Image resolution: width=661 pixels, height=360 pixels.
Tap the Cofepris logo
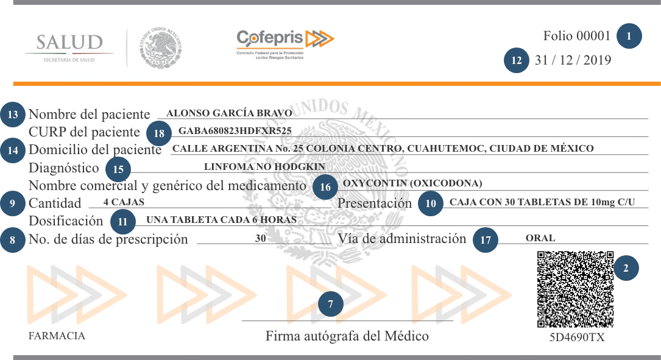click(x=285, y=44)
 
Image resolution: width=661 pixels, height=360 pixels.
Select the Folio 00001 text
click(x=576, y=36)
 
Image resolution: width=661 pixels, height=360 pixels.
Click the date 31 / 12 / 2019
click(x=573, y=60)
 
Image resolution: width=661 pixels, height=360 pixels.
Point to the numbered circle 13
click(x=13, y=114)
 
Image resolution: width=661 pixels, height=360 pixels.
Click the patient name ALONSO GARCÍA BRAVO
click(x=229, y=113)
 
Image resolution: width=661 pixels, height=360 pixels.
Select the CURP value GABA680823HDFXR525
click(x=235, y=131)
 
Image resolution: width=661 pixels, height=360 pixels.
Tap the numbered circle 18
click(x=159, y=133)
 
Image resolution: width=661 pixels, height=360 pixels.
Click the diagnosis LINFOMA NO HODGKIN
click(x=264, y=166)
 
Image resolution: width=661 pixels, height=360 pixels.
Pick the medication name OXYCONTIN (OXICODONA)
click(x=412, y=183)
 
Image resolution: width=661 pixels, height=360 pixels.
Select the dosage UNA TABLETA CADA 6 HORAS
click(x=222, y=220)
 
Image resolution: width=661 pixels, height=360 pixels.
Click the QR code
click(x=575, y=289)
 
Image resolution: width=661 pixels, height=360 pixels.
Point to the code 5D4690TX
click(x=576, y=337)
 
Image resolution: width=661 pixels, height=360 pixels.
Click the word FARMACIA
click(x=57, y=336)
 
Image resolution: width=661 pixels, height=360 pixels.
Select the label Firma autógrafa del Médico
click(x=347, y=336)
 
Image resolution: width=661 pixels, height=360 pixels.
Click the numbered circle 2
click(x=626, y=267)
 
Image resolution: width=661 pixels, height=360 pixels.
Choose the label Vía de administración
click(x=401, y=239)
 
